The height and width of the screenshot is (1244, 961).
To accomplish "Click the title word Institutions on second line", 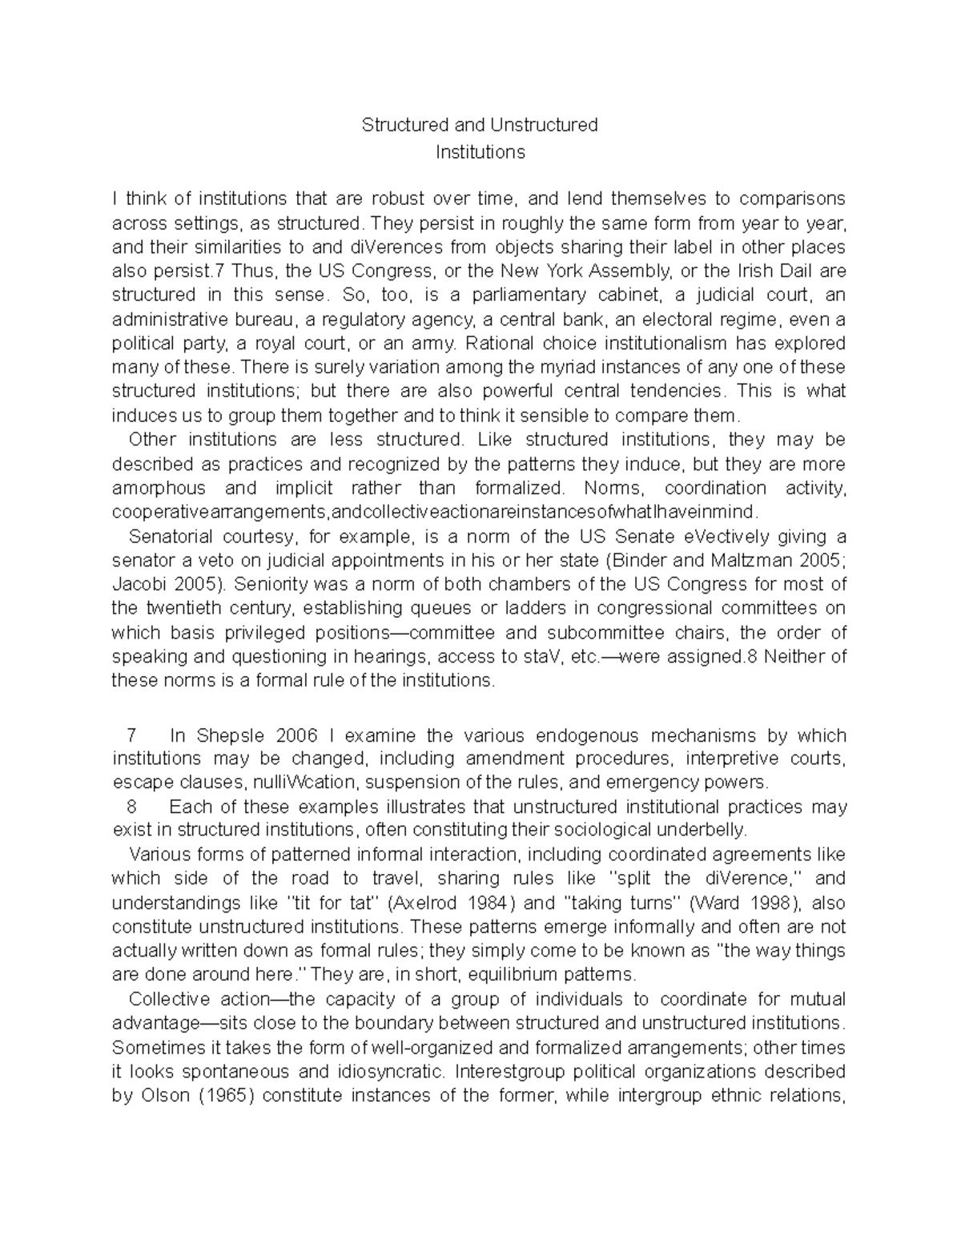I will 480,151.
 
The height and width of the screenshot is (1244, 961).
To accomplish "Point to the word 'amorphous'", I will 159,489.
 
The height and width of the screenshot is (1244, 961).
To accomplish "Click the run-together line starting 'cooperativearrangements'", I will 432,513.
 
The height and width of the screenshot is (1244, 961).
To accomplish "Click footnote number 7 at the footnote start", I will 133,735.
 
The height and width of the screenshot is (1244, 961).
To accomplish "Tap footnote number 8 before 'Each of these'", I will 133,807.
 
